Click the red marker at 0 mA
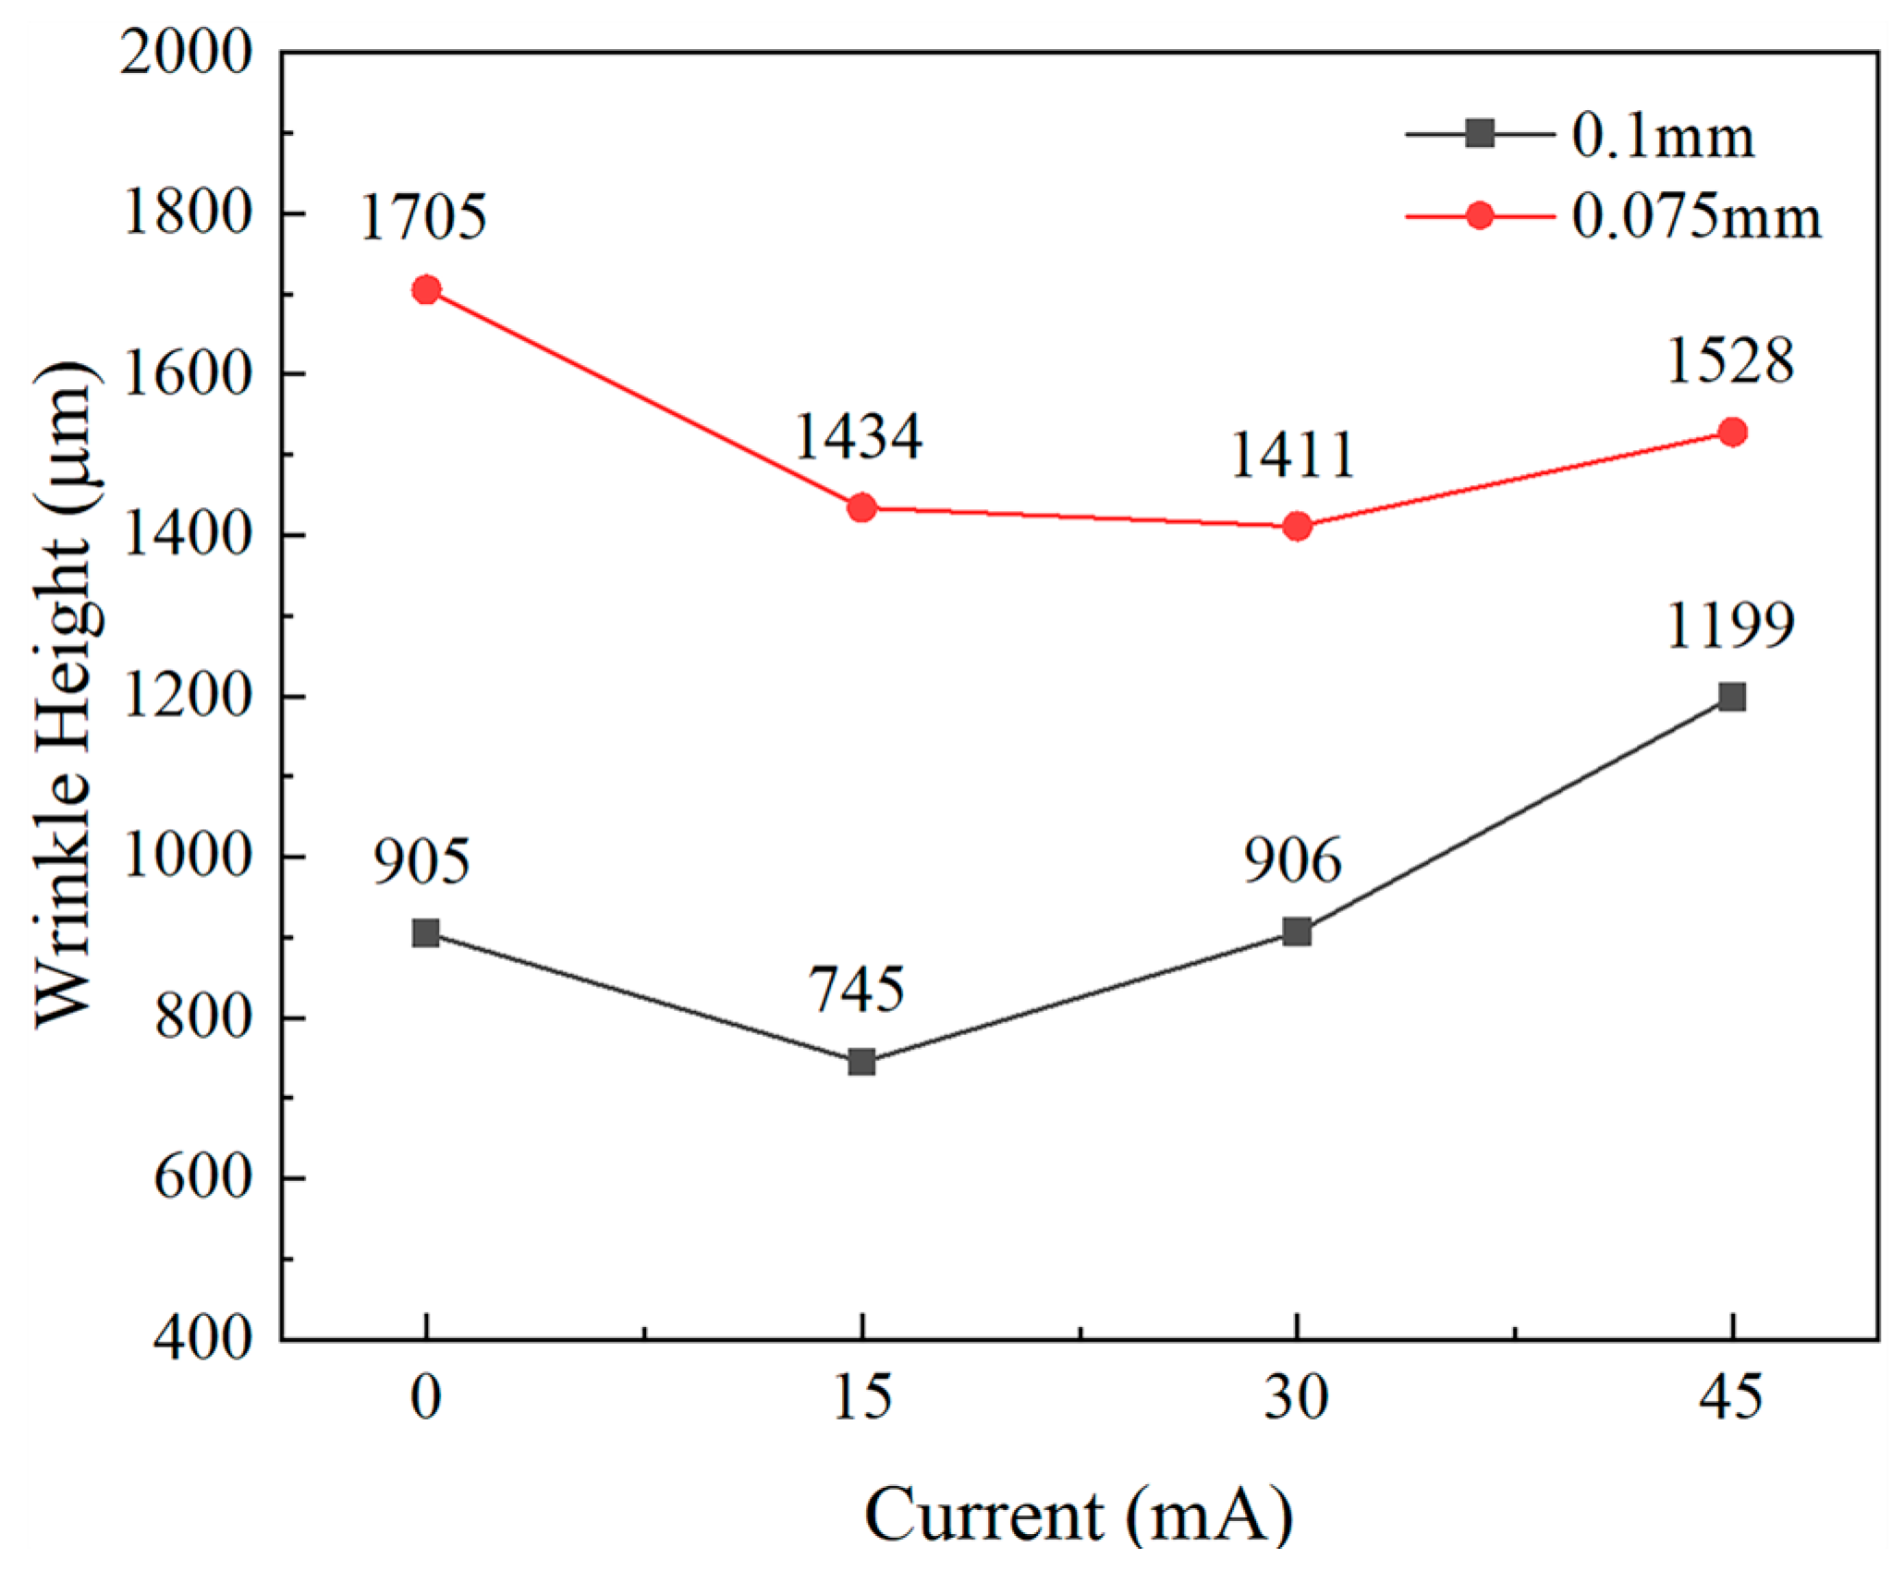(426, 290)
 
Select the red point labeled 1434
(861, 507)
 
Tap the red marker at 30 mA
(1297, 526)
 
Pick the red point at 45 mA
(1732, 432)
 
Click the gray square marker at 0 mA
(426, 932)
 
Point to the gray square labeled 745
(861, 1062)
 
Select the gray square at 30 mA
(1297, 932)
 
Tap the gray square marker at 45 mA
(1732, 696)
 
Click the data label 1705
(423, 218)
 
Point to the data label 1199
(1730, 626)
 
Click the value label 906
(1292, 860)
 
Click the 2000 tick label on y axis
(186, 52)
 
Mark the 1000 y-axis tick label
(186, 856)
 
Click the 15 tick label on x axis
(861, 1397)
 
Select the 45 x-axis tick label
(1731, 1397)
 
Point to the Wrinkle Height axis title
(65, 693)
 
